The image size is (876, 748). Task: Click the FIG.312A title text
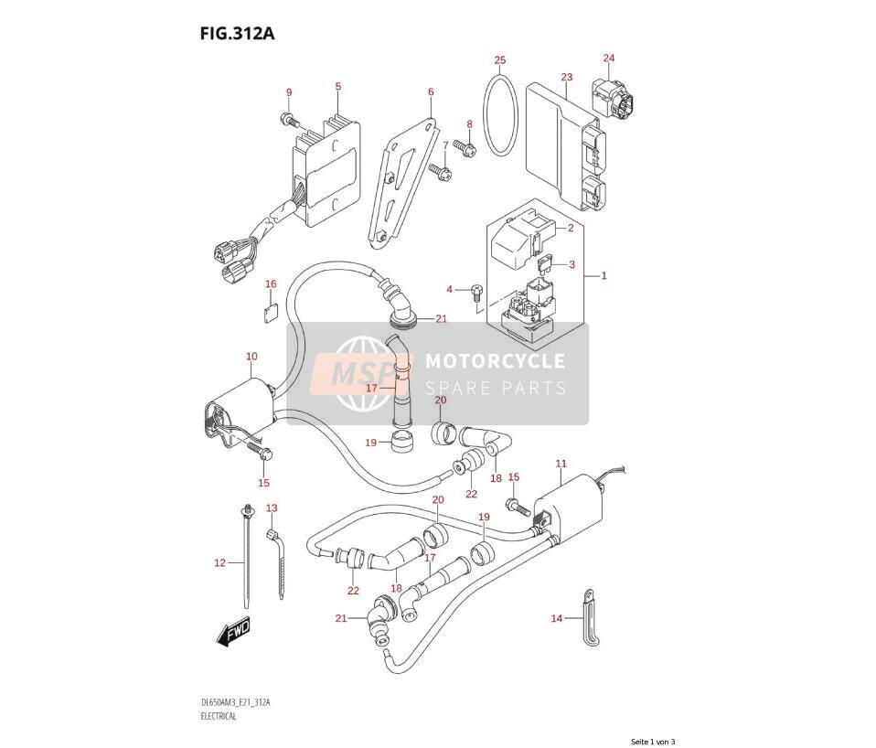tap(237, 34)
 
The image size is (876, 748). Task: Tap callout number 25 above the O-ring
tap(500, 59)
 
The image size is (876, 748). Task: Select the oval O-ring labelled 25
tap(501, 115)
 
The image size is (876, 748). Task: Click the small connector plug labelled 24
tap(613, 99)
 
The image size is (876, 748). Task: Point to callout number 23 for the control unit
tap(567, 77)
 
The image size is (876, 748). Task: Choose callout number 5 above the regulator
tap(338, 86)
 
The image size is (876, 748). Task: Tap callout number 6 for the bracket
tap(431, 91)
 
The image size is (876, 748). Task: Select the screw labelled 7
tap(441, 170)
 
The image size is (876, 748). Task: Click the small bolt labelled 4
tap(476, 293)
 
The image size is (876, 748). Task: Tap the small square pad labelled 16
tap(271, 314)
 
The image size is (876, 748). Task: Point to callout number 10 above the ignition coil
tap(251, 356)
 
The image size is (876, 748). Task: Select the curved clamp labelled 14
tap(590, 617)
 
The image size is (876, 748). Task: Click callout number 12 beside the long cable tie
tap(219, 562)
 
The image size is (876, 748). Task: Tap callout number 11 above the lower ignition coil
tap(561, 463)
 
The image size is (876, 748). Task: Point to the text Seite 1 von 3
tap(653, 742)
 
